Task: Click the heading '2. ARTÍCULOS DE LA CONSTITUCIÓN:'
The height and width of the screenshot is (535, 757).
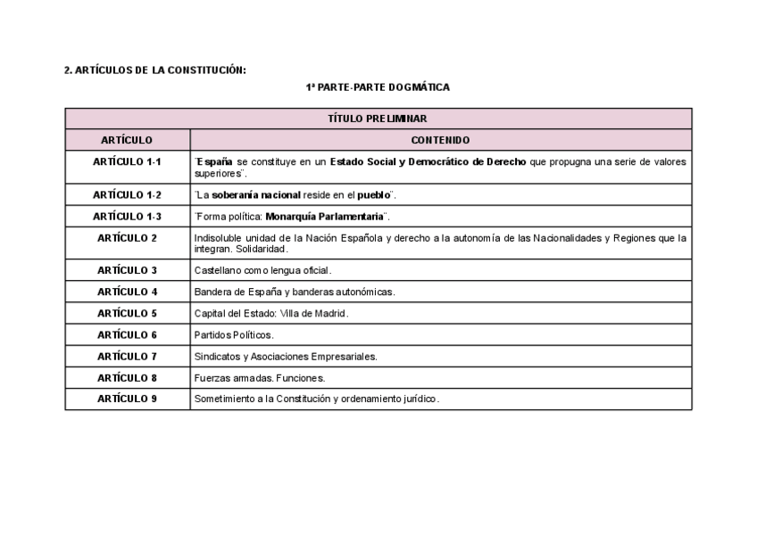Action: click(x=155, y=70)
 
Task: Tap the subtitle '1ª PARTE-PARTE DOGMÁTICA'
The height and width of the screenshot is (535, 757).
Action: click(x=378, y=87)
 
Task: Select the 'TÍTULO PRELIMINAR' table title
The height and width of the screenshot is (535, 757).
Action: click(x=378, y=118)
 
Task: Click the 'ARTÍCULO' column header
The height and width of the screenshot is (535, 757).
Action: click(x=127, y=140)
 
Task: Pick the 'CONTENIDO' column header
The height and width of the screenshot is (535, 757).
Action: click(x=440, y=140)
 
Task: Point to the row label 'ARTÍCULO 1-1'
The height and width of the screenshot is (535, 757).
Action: click(x=127, y=162)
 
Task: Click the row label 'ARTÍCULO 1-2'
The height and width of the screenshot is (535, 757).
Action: click(x=127, y=194)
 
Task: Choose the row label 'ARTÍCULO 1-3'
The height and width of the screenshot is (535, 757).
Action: click(x=127, y=216)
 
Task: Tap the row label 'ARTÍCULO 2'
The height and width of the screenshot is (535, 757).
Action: click(x=127, y=238)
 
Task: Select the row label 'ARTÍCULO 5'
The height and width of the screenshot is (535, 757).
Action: click(x=127, y=313)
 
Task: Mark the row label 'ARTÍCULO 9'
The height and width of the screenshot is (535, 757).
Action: click(x=127, y=399)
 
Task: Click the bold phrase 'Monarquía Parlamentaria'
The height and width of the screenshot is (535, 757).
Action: click(x=325, y=217)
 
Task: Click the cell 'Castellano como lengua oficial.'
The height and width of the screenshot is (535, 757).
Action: click(x=262, y=270)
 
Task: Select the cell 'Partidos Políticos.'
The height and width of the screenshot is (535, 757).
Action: click(x=234, y=334)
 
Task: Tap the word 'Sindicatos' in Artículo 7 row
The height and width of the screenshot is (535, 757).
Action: click(x=217, y=356)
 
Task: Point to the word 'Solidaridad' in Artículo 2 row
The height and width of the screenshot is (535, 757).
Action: click(x=261, y=248)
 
